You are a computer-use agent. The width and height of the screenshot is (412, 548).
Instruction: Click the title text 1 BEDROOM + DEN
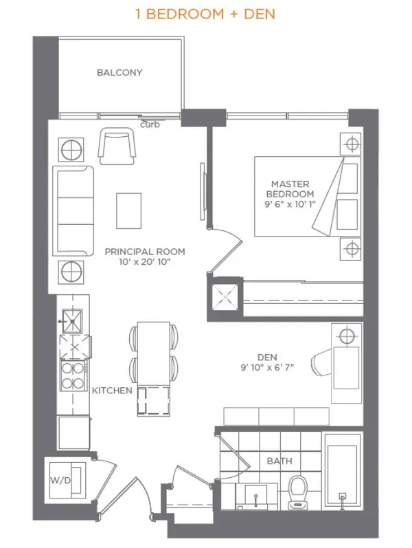click(x=206, y=14)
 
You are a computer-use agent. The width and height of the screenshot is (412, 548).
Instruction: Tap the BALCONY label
click(x=119, y=72)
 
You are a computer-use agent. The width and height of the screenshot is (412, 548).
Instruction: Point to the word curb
click(x=149, y=125)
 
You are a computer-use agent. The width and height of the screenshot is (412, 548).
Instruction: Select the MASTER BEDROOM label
click(x=290, y=189)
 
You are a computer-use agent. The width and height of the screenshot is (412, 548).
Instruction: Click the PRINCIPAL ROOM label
click(x=144, y=252)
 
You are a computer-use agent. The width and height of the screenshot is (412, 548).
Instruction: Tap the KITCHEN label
click(x=112, y=390)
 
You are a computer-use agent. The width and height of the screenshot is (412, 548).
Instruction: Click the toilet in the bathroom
click(x=299, y=492)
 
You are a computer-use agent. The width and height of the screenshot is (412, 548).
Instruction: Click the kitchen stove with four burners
click(x=72, y=375)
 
